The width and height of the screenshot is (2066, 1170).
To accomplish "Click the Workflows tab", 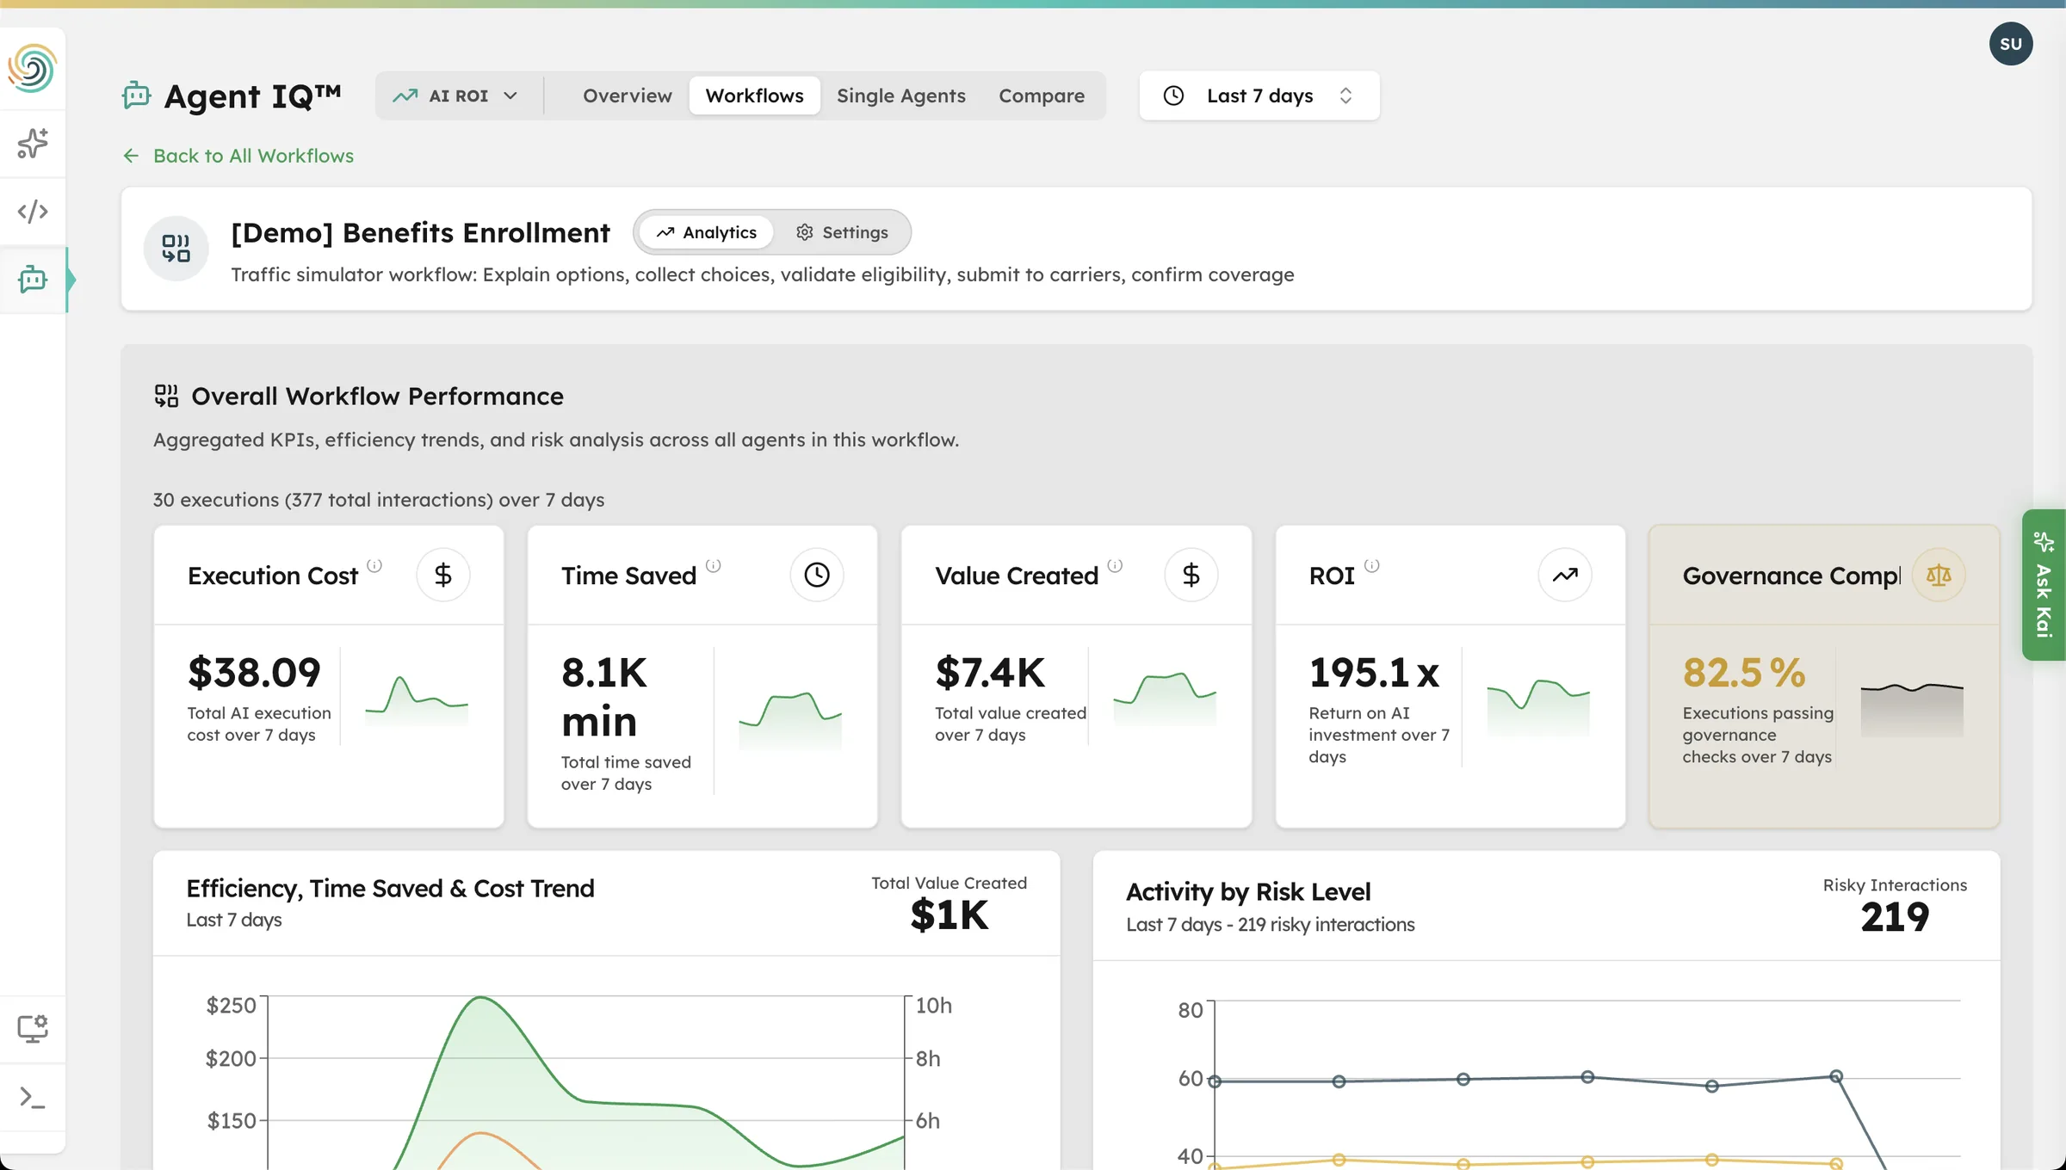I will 754,95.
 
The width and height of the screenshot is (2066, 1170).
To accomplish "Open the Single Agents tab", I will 900,95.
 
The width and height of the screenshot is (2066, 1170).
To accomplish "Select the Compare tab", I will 1041,95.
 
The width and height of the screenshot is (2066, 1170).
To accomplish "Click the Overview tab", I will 627,95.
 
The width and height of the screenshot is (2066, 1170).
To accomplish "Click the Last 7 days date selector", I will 1259,95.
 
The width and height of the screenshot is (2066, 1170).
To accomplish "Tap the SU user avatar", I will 2010,44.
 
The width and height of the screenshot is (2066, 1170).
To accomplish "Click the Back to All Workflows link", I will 252,156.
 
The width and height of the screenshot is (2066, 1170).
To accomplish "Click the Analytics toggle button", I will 707,232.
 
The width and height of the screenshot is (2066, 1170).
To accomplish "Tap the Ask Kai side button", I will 2043,585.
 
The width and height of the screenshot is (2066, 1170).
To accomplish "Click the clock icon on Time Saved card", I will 816,575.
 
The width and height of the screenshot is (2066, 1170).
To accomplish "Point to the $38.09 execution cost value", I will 254,672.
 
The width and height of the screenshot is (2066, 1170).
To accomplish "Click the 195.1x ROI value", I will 1373,672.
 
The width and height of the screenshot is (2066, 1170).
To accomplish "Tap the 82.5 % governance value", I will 1743,672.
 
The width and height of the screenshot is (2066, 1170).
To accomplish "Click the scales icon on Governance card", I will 1938,575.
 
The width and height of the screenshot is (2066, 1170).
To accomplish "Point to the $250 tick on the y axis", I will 231,1005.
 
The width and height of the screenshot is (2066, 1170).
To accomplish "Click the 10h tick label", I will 933,1005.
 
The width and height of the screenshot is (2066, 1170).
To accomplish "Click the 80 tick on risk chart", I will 1190,1010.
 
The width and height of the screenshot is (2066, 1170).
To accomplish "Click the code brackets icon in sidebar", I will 33,211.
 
